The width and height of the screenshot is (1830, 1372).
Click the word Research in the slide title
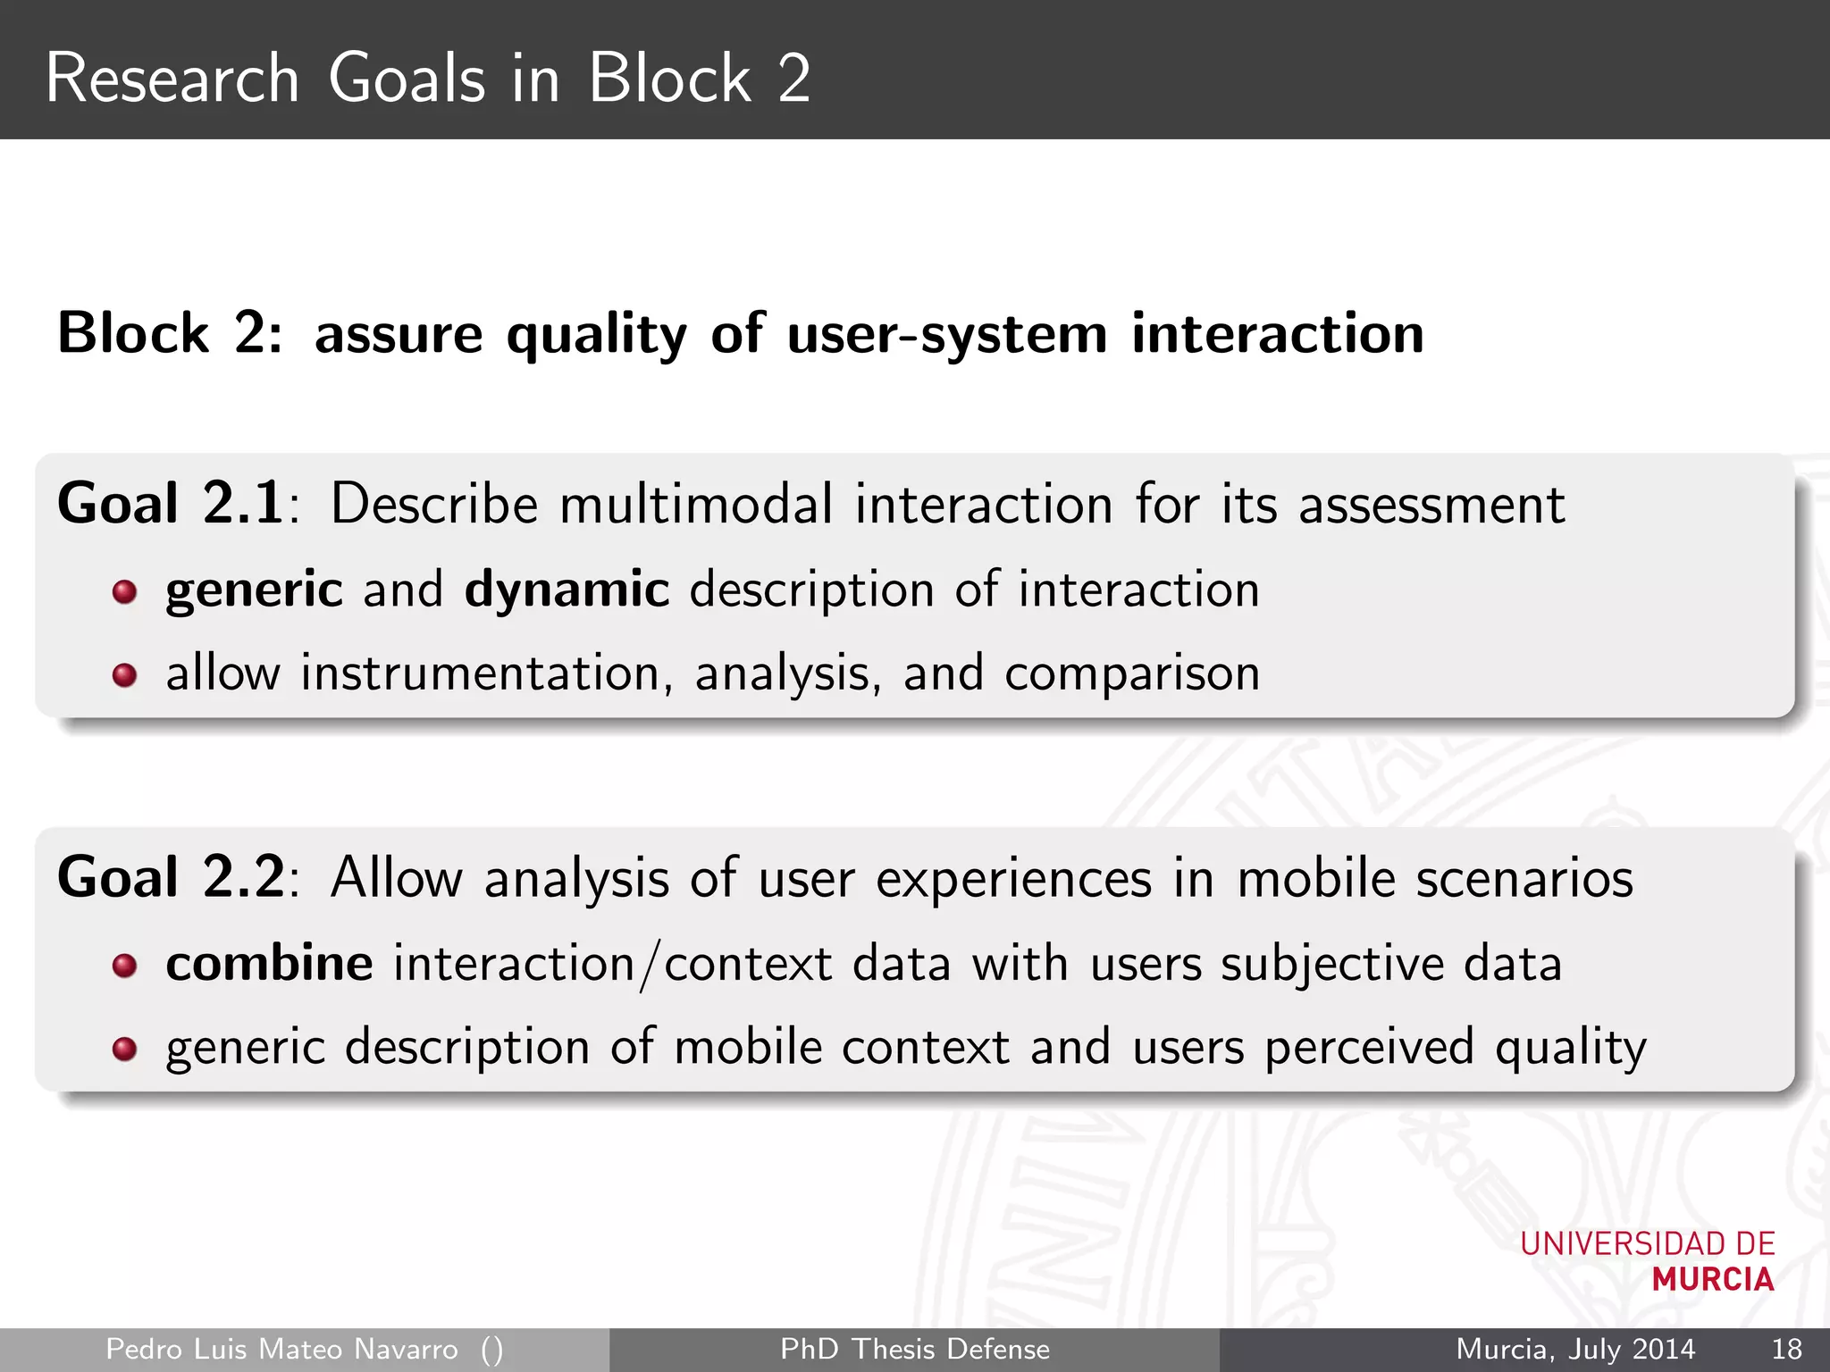pos(172,79)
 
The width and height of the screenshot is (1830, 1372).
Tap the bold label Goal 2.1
pos(170,503)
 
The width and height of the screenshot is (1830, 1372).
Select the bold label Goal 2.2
pos(170,877)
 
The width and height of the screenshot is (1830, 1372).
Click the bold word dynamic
pos(567,590)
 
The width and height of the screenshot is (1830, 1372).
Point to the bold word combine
pos(269,964)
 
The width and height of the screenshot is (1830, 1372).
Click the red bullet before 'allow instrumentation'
pos(124,675)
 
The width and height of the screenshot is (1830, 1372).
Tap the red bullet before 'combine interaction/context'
pos(124,966)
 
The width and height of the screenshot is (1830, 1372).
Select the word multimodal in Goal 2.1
pos(696,504)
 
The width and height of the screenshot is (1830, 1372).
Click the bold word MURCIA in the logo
pos(1712,1280)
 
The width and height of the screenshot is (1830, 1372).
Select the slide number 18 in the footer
pos(1785,1349)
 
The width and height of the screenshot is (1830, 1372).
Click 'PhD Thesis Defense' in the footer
pos(914,1349)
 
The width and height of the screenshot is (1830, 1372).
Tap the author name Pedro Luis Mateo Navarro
pos(281,1349)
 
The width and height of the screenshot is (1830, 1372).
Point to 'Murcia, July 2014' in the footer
pos(1575,1349)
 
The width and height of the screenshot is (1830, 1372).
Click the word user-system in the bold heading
pos(946,335)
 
